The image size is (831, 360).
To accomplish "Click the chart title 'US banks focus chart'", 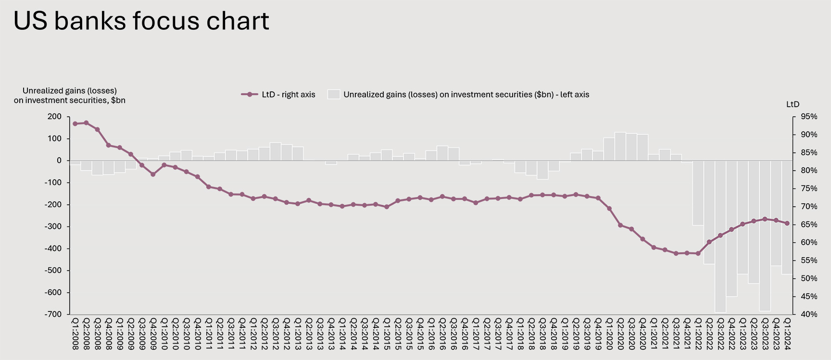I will coord(141,21).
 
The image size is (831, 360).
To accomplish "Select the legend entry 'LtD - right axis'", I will coord(278,95).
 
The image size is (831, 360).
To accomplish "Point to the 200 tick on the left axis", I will coord(55,117).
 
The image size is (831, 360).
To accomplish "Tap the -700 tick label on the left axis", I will coord(53,314).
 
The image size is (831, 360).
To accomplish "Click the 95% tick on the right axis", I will coord(808,117).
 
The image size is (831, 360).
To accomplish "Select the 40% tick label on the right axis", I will coord(808,314).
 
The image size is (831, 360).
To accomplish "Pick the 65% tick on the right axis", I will coord(808,224).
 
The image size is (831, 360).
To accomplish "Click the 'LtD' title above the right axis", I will coord(793,104).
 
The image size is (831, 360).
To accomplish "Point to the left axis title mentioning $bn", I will coord(70,96).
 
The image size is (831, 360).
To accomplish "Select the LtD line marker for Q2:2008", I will coord(86,123).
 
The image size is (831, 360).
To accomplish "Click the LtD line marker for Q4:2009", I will coord(153,174).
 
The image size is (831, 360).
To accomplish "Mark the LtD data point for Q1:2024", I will coord(787,223).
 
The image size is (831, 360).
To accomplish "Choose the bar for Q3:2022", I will coord(720,236).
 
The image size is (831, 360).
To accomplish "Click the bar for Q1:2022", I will coord(698,193).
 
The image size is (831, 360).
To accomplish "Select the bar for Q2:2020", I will coord(620,147).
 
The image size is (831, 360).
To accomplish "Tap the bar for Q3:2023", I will coord(765,236).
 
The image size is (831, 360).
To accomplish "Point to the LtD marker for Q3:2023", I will coord(765,219).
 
